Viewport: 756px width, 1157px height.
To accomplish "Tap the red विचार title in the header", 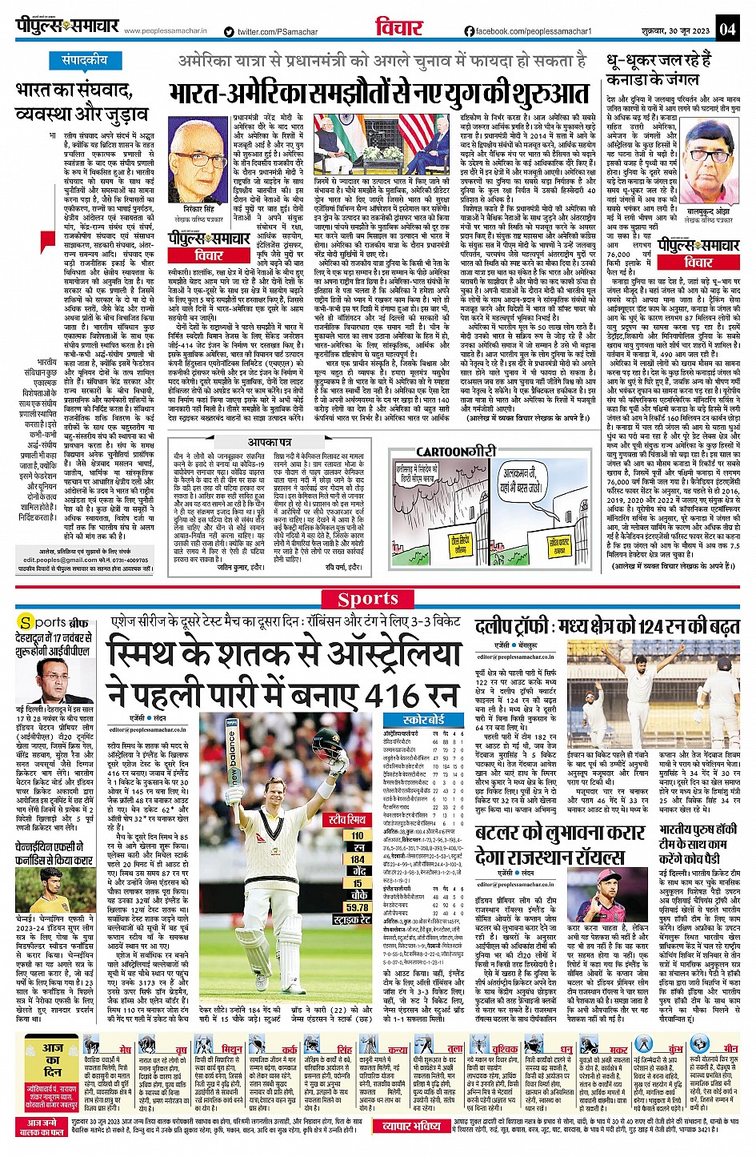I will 398,28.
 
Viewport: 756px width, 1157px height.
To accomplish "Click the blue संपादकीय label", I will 85,61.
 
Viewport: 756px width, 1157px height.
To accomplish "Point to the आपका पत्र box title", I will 270,442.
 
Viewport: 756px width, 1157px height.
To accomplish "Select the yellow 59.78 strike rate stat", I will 357,908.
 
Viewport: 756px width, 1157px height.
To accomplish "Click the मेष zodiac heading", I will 126,1049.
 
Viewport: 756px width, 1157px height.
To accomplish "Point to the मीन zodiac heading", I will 730,1048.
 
